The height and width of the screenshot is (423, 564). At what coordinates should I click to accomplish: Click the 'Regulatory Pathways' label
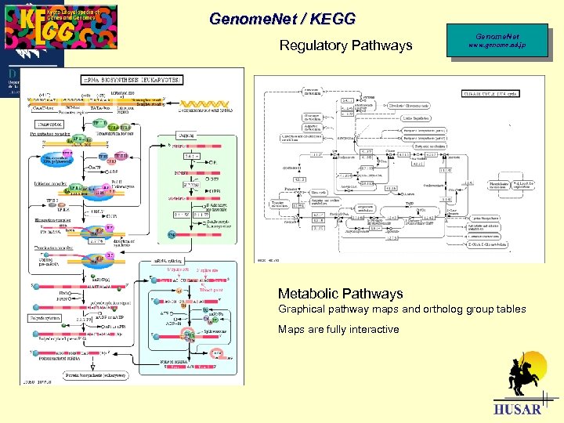coord(345,45)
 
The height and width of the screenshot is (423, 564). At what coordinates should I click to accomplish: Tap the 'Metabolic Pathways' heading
coord(340,294)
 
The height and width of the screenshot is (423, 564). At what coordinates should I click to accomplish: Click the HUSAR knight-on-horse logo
coord(524,376)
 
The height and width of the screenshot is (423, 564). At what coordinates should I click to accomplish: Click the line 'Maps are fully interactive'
coord(338,329)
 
